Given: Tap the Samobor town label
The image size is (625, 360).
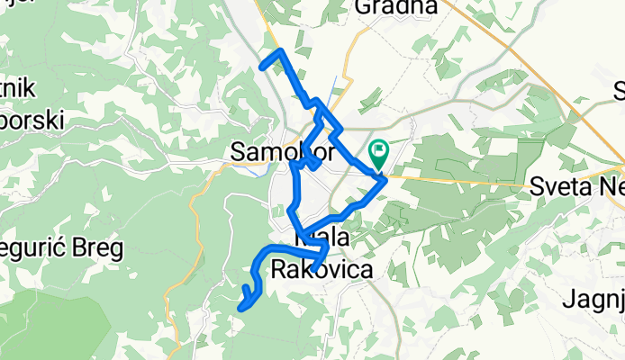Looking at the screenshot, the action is pyautogui.click(x=270, y=153).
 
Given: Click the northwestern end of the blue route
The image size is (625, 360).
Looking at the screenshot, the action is pyautogui.click(x=262, y=65).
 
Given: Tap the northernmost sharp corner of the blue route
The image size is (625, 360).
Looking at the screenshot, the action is pyautogui.click(x=281, y=50).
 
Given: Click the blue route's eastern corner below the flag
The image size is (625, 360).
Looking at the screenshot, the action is pyautogui.click(x=385, y=179).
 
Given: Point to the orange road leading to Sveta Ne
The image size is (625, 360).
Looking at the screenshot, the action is pyautogui.click(x=468, y=179).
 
